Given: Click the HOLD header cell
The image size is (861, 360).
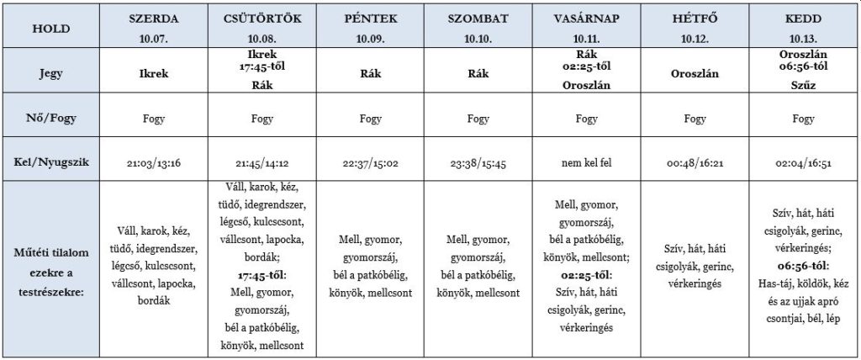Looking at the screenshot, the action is click(x=51, y=28).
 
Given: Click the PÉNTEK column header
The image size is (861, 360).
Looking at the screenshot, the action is click(x=370, y=18).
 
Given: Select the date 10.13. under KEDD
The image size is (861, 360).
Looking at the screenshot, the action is click(x=804, y=39).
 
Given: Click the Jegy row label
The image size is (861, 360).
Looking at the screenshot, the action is click(x=51, y=73).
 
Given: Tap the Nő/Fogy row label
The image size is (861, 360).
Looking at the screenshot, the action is click(x=51, y=119).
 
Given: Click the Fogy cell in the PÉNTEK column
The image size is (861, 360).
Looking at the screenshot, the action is click(x=370, y=119).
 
